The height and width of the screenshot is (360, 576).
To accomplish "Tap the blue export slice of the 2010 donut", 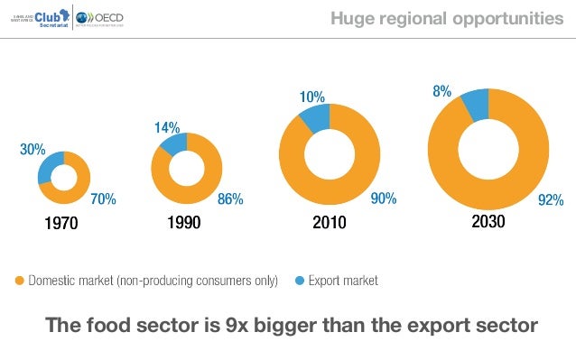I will pyautogui.click(x=316, y=116).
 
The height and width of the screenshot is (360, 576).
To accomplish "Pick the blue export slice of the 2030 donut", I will pyautogui.click(x=475, y=103).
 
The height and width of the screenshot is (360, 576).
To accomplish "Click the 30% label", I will pyautogui.click(x=33, y=150).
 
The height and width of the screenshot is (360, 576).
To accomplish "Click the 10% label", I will pyautogui.click(x=312, y=97).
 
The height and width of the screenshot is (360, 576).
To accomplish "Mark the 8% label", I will pyautogui.click(x=441, y=91).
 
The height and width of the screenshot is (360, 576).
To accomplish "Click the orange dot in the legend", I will pyautogui.click(x=20, y=281).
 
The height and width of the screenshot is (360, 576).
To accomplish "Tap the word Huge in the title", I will pyautogui.click(x=350, y=18).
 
